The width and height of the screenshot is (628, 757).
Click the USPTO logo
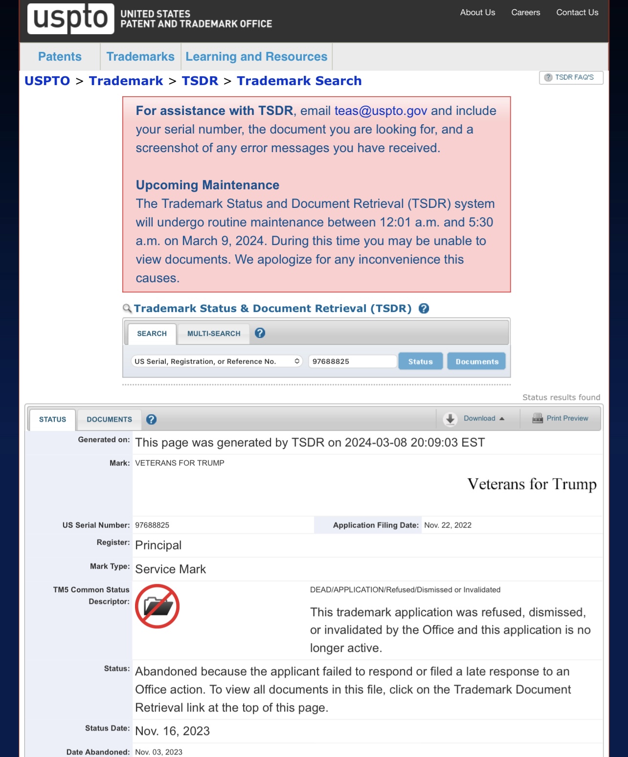[x=71, y=19]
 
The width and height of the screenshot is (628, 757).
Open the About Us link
[x=477, y=13]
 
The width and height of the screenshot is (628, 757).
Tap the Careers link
[x=526, y=13]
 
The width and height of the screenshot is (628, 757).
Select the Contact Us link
[x=577, y=13]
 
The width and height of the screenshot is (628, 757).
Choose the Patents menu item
[x=60, y=57]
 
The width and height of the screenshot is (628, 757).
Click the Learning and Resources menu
[x=256, y=57]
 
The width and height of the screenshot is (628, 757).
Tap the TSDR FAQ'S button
[x=570, y=77]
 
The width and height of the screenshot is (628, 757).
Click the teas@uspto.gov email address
[x=381, y=111]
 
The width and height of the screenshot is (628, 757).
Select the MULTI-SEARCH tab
[x=214, y=334]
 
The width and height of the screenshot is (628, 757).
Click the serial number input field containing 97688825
[x=352, y=361]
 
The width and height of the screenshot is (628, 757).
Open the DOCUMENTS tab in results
[x=109, y=420]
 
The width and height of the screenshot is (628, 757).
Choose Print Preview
[x=561, y=419]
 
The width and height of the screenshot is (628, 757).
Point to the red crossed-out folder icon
[x=157, y=606]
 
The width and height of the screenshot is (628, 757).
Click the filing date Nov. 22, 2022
[x=448, y=525]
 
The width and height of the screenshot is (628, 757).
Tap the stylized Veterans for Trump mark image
[x=532, y=484]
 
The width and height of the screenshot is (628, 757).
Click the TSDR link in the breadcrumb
[x=200, y=81]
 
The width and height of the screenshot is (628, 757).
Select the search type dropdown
[x=217, y=361]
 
